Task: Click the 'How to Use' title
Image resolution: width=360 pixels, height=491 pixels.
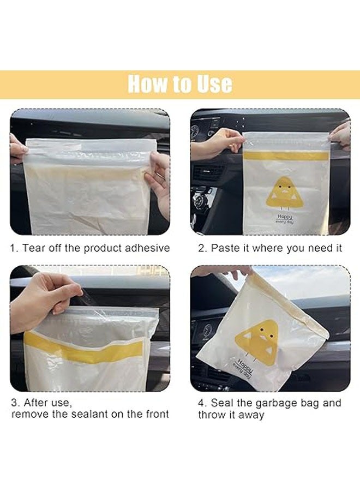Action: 180,85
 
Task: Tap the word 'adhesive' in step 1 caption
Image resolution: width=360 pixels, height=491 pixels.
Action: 147,248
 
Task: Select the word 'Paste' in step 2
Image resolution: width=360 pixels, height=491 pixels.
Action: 224,248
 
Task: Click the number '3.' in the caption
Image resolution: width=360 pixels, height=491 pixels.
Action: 15,403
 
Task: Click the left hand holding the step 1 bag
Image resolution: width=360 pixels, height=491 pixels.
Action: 17,148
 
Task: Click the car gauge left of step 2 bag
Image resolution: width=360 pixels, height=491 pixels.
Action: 195,131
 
